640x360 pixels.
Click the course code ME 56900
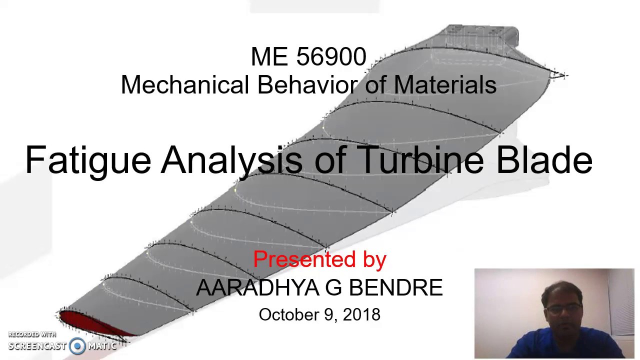pyautogui.click(x=308, y=57)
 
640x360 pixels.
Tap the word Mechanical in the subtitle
pyautogui.click(x=185, y=85)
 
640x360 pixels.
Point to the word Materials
pyautogui.click(x=445, y=85)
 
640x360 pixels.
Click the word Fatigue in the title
pyautogui.click(x=87, y=160)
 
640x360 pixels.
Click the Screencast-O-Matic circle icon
pyautogui.click(x=77, y=345)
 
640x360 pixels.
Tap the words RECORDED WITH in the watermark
pyautogui.click(x=32, y=334)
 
